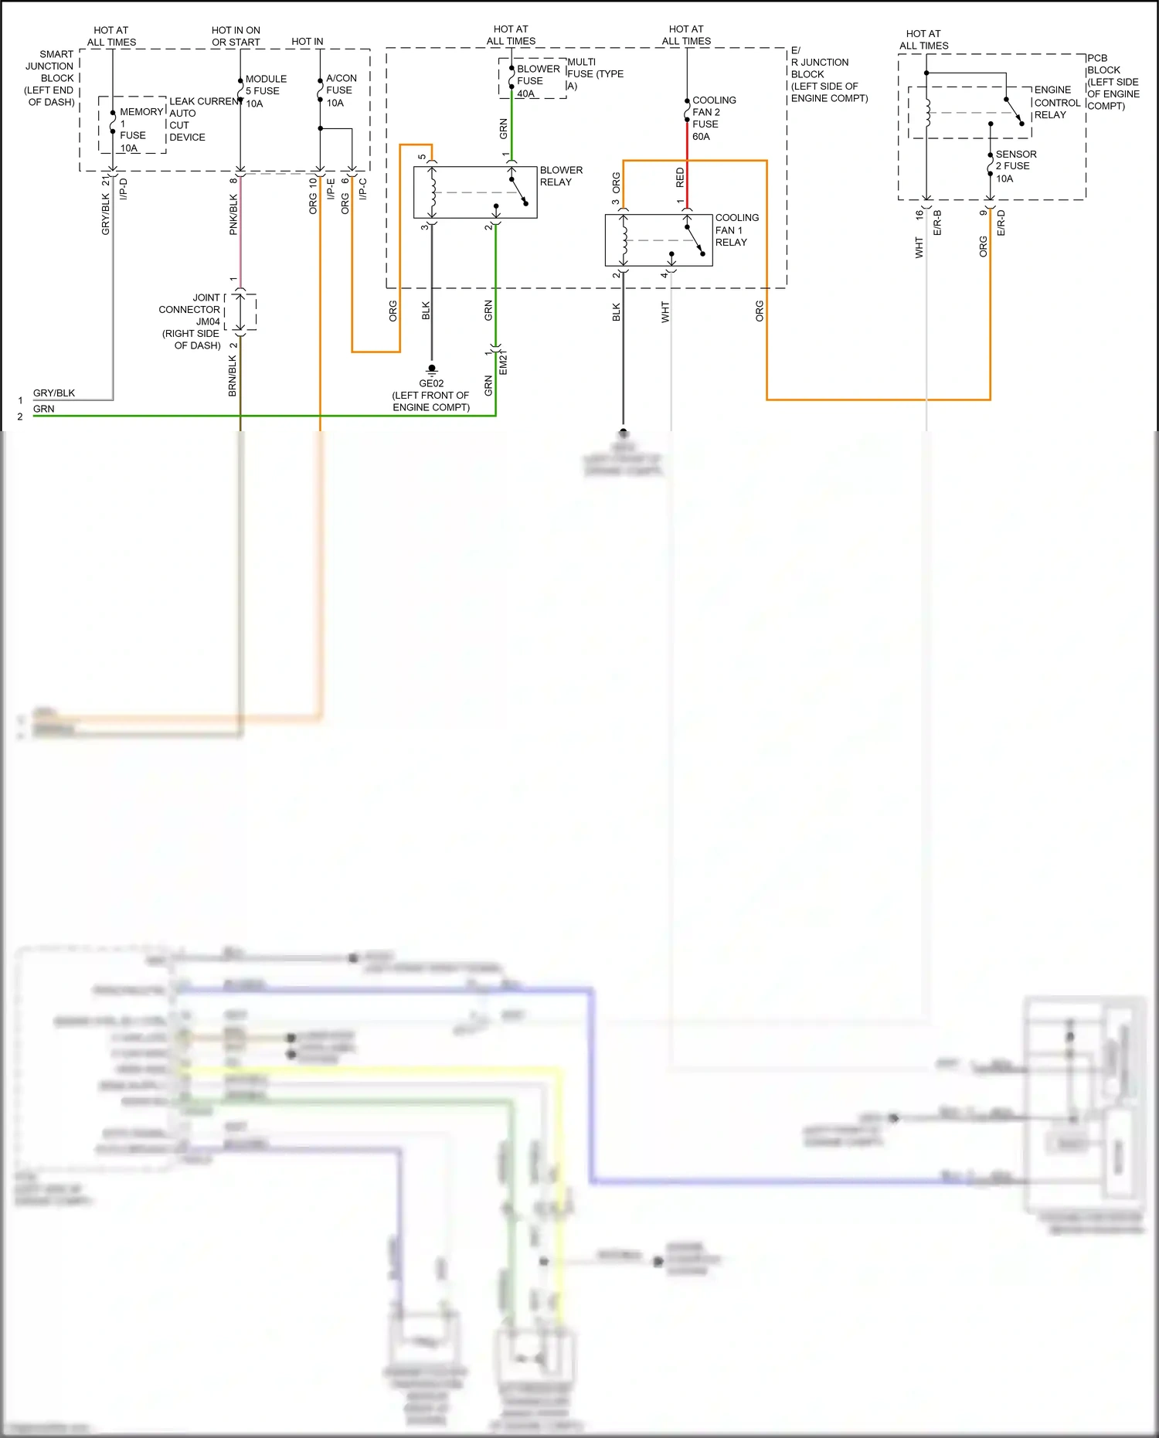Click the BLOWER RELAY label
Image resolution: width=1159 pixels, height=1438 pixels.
[x=560, y=176]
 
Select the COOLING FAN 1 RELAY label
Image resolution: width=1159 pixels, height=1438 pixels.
[x=736, y=229]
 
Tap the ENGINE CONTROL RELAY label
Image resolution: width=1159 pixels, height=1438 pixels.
[x=1055, y=102]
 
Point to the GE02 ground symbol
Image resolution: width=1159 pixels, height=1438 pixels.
[x=431, y=370]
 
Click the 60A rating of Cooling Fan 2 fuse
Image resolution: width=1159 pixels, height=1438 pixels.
[x=701, y=137]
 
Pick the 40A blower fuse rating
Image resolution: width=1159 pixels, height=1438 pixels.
[x=525, y=93]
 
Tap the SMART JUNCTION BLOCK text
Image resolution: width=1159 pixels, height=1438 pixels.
[x=50, y=77]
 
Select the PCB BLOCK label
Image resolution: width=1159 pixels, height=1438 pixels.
[x=1111, y=81]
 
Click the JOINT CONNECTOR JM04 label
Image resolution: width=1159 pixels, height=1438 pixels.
[x=191, y=321]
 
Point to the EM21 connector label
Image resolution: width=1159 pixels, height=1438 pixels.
[x=503, y=363]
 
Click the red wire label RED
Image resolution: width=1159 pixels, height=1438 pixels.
[x=680, y=178]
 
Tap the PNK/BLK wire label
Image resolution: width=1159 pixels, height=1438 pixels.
[x=233, y=215]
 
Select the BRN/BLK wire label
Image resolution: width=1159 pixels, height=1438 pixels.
[x=233, y=376]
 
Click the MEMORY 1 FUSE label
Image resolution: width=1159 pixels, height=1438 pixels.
[x=138, y=129]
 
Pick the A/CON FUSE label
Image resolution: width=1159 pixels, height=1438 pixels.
[x=340, y=90]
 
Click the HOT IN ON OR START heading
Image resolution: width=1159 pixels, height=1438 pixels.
[x=236, y=36]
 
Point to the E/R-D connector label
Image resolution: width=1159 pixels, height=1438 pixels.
[x=1001, y=223]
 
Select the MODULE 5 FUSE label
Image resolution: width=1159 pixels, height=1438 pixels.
[x=264, y=90]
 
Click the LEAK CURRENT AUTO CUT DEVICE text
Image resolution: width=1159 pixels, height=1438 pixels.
[x=202, y=119]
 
